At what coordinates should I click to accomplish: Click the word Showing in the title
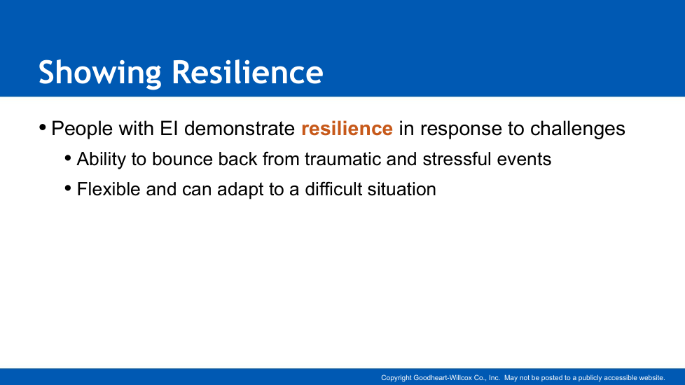(100, 73)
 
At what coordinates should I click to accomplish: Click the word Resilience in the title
(247, 72)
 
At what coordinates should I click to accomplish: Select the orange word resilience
(347, 128)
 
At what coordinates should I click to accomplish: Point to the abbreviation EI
(169, 128)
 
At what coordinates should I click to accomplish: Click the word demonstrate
(240, 128)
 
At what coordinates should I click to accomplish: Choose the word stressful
(457, 160)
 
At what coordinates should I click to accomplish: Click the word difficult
(333, 190)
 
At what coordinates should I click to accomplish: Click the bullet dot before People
(43, 128)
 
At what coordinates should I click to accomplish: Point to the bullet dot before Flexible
(68, 188)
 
